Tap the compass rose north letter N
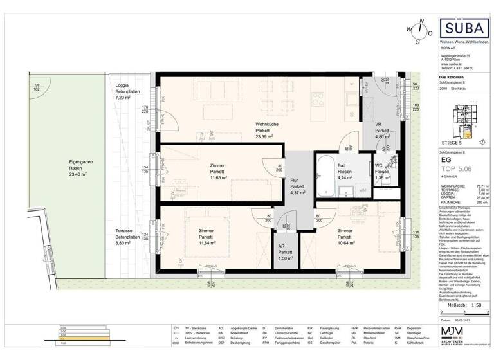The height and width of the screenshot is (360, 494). click(x=421, y=21)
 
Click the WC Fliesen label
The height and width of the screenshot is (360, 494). click(x=381, y=168)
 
